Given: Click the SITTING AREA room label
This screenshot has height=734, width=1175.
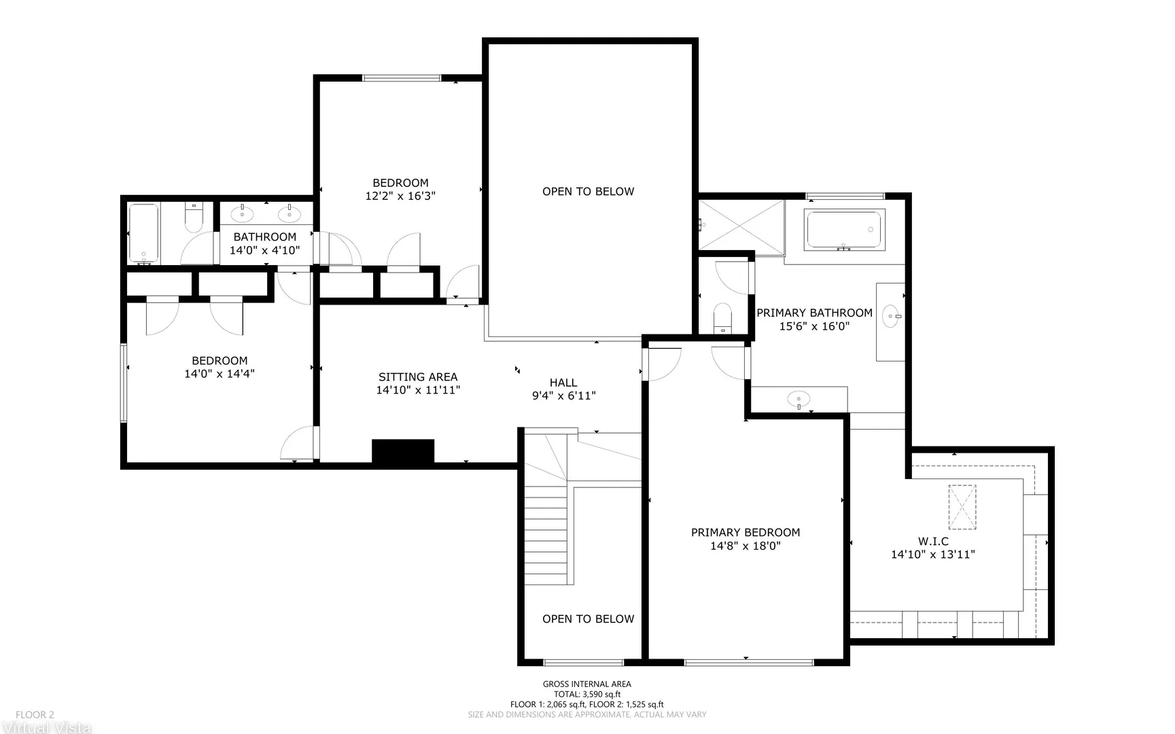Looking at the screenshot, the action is (x=418, y=377).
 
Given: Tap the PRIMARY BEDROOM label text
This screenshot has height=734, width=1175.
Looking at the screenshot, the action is (x=746, y=533).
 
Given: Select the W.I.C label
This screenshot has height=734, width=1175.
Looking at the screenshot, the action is (x=933, y=542).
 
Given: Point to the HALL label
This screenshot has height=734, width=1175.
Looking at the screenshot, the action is (x=563, y=383).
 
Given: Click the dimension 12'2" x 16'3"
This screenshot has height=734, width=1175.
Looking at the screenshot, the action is (x=400, y=196).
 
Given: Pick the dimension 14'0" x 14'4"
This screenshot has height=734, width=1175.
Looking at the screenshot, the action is (x=220, y=374).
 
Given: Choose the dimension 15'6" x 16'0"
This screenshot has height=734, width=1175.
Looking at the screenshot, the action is (x=814, y=326).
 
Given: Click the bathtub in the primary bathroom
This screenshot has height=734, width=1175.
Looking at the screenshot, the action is (x=844, y=230).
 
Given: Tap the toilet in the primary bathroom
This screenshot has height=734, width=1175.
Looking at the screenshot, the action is (x=722, y=319).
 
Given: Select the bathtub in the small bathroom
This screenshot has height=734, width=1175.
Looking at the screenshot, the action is (x=143, y=233).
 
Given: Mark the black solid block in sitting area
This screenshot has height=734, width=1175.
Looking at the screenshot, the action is (x=403, y=452).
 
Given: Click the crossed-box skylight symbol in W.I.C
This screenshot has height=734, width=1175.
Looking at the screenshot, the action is (x=962, y=507).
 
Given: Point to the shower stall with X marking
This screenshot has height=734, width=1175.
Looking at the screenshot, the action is (x=741, y=225).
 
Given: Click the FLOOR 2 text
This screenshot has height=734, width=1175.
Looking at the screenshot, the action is (x=35, y=715).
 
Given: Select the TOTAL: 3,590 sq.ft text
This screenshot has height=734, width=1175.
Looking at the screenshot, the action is (x=587, y=695).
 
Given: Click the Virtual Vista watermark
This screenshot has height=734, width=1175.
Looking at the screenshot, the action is (x=46, y=727).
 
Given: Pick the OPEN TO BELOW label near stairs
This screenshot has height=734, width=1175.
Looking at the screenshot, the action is (x=588, y=619).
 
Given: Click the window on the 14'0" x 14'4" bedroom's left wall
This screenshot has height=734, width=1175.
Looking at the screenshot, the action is (x=124, y=383).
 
